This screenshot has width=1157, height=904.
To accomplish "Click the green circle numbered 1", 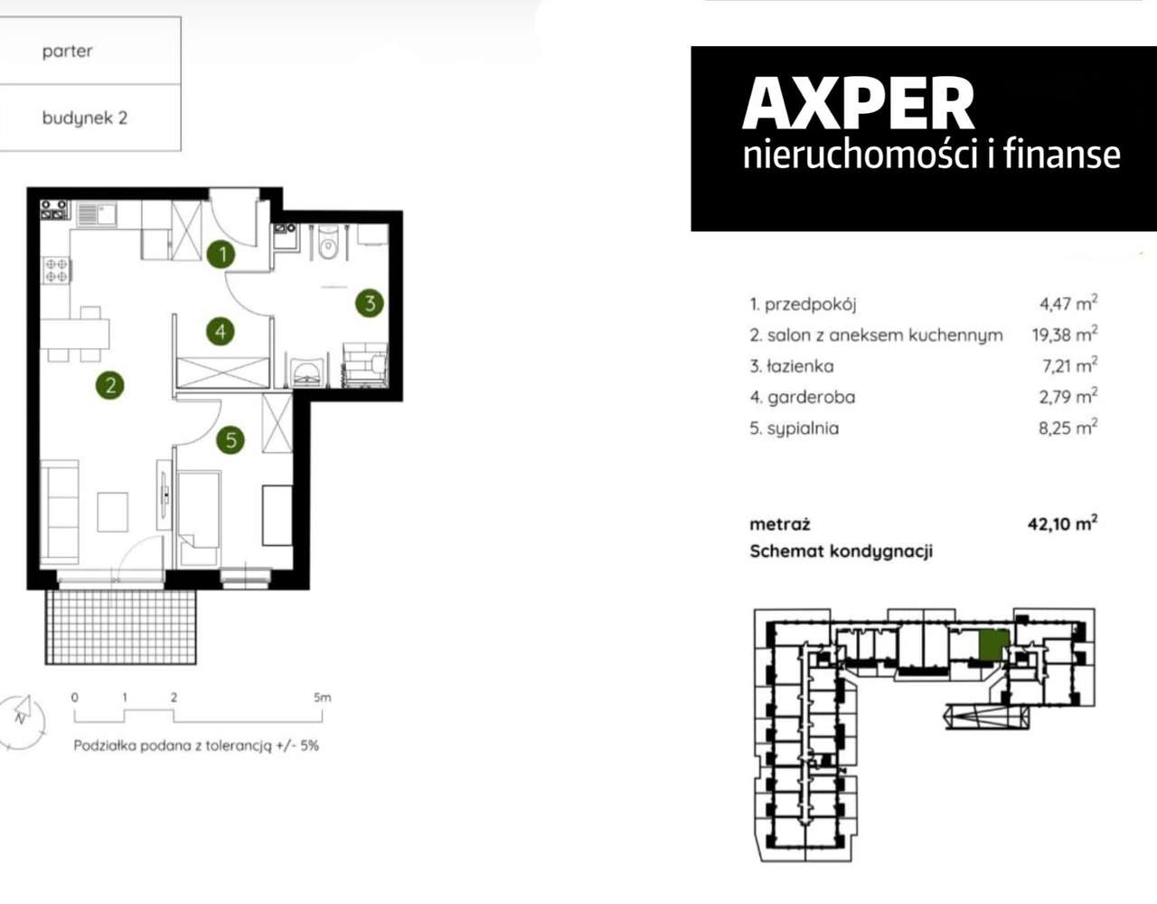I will (221, 254).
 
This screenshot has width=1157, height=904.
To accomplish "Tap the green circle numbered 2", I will (110, 386).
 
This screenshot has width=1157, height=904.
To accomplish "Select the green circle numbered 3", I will (369, 303).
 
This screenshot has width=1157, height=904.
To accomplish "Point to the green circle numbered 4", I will (221, 332).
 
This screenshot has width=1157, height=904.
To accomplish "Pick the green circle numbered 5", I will (230, 440).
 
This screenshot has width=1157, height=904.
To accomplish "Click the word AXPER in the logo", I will (858, 104).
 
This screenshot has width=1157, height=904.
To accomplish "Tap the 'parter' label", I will (67, 52).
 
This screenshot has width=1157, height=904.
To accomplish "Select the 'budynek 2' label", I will (84, 118).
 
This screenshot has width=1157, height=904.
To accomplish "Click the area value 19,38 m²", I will (1064, 334).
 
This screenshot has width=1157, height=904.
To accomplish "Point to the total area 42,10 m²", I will (1062, 523).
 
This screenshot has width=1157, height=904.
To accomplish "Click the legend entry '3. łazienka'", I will (791, 366).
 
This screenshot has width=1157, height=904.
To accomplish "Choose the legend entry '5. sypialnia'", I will (794, 428).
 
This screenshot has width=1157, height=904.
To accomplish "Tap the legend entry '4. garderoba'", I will (802, 397).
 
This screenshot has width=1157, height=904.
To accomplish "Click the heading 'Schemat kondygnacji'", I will (841, 551).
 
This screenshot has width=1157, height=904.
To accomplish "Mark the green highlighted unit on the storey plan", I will (993, 645).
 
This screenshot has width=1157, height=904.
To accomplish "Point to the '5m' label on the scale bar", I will (322, 697).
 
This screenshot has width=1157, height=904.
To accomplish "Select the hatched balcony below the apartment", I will (120, 626).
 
